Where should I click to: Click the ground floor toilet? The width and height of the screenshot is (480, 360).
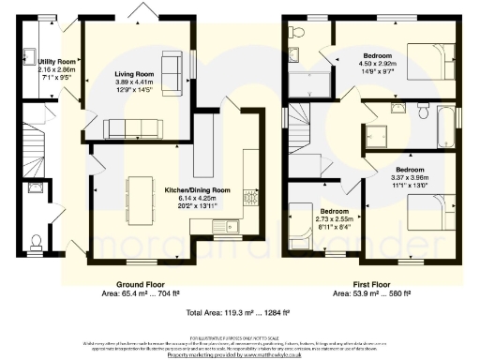point(37,244)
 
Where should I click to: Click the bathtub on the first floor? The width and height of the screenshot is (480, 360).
point(445,121)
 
